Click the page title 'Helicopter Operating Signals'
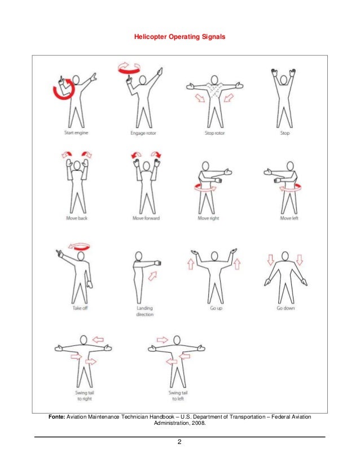[x=179, y=37]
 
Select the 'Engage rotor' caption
[x=143, y=133]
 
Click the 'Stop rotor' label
[x=215, y=133]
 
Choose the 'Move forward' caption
[x=146, y=217]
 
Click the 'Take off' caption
[x=80, y=308]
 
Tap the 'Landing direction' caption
[x=145, y=311]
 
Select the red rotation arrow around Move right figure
[x=207, y=188]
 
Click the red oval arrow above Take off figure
[x=78, y=246]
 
